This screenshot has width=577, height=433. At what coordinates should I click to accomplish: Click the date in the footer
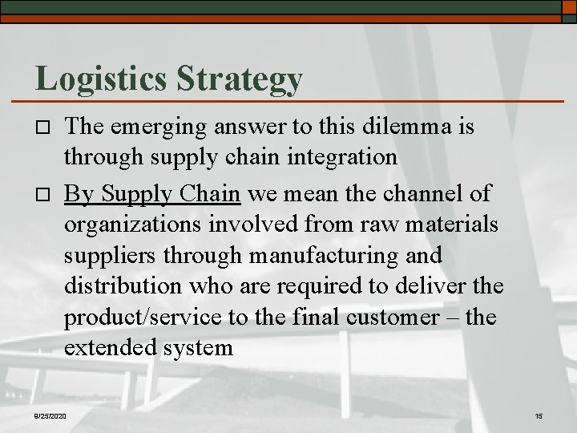click(50, 415)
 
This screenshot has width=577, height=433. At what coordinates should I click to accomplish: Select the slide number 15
click(538, 415)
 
